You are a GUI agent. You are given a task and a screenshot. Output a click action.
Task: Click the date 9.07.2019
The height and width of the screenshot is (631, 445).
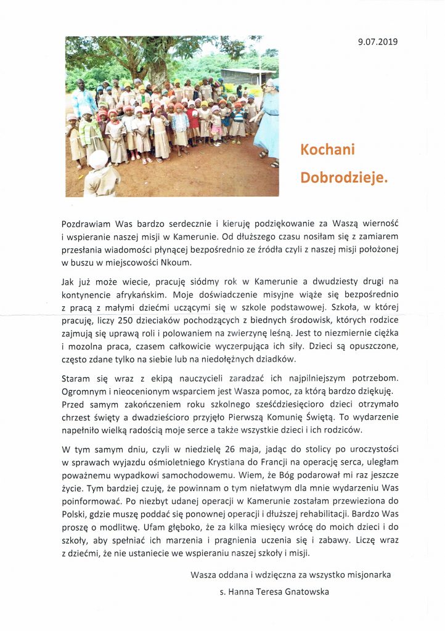378,42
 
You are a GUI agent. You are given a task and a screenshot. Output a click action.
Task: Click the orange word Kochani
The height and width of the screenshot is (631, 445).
327,150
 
